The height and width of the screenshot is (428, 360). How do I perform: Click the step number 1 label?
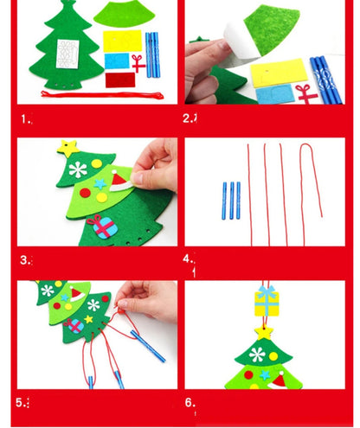coord(25,118)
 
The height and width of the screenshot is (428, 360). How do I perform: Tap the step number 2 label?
coord(188,118)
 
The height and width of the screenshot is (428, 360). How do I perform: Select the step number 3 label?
coord(25,260)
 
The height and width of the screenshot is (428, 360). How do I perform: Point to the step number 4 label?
coord(188,259)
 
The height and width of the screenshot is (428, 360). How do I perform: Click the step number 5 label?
coord(22,402)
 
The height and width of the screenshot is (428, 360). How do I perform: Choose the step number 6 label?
coord(190,402)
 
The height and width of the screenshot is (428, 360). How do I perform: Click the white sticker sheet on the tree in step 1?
coord(67,54)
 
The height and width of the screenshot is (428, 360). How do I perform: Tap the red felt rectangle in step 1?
coord(120,80)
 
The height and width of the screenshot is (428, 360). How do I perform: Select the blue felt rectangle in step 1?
coord(117,61)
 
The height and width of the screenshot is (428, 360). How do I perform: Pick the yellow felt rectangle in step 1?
coord(122,41)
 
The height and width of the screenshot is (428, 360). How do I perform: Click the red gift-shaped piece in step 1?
coord(138,63)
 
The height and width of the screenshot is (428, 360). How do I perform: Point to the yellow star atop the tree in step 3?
coord(68,148)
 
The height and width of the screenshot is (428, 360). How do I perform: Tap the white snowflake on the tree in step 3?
coord(78,169)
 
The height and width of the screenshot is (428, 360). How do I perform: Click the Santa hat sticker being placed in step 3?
coord(120,182)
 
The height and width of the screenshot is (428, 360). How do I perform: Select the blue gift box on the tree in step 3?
coord(102,227)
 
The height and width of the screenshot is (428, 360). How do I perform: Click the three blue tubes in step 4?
coord(231,201)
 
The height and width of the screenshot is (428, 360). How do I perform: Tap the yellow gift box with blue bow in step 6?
coord(267,301)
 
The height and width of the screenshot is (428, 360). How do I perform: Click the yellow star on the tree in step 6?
coord(264,331)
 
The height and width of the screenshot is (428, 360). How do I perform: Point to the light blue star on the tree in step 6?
coord(265,374)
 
